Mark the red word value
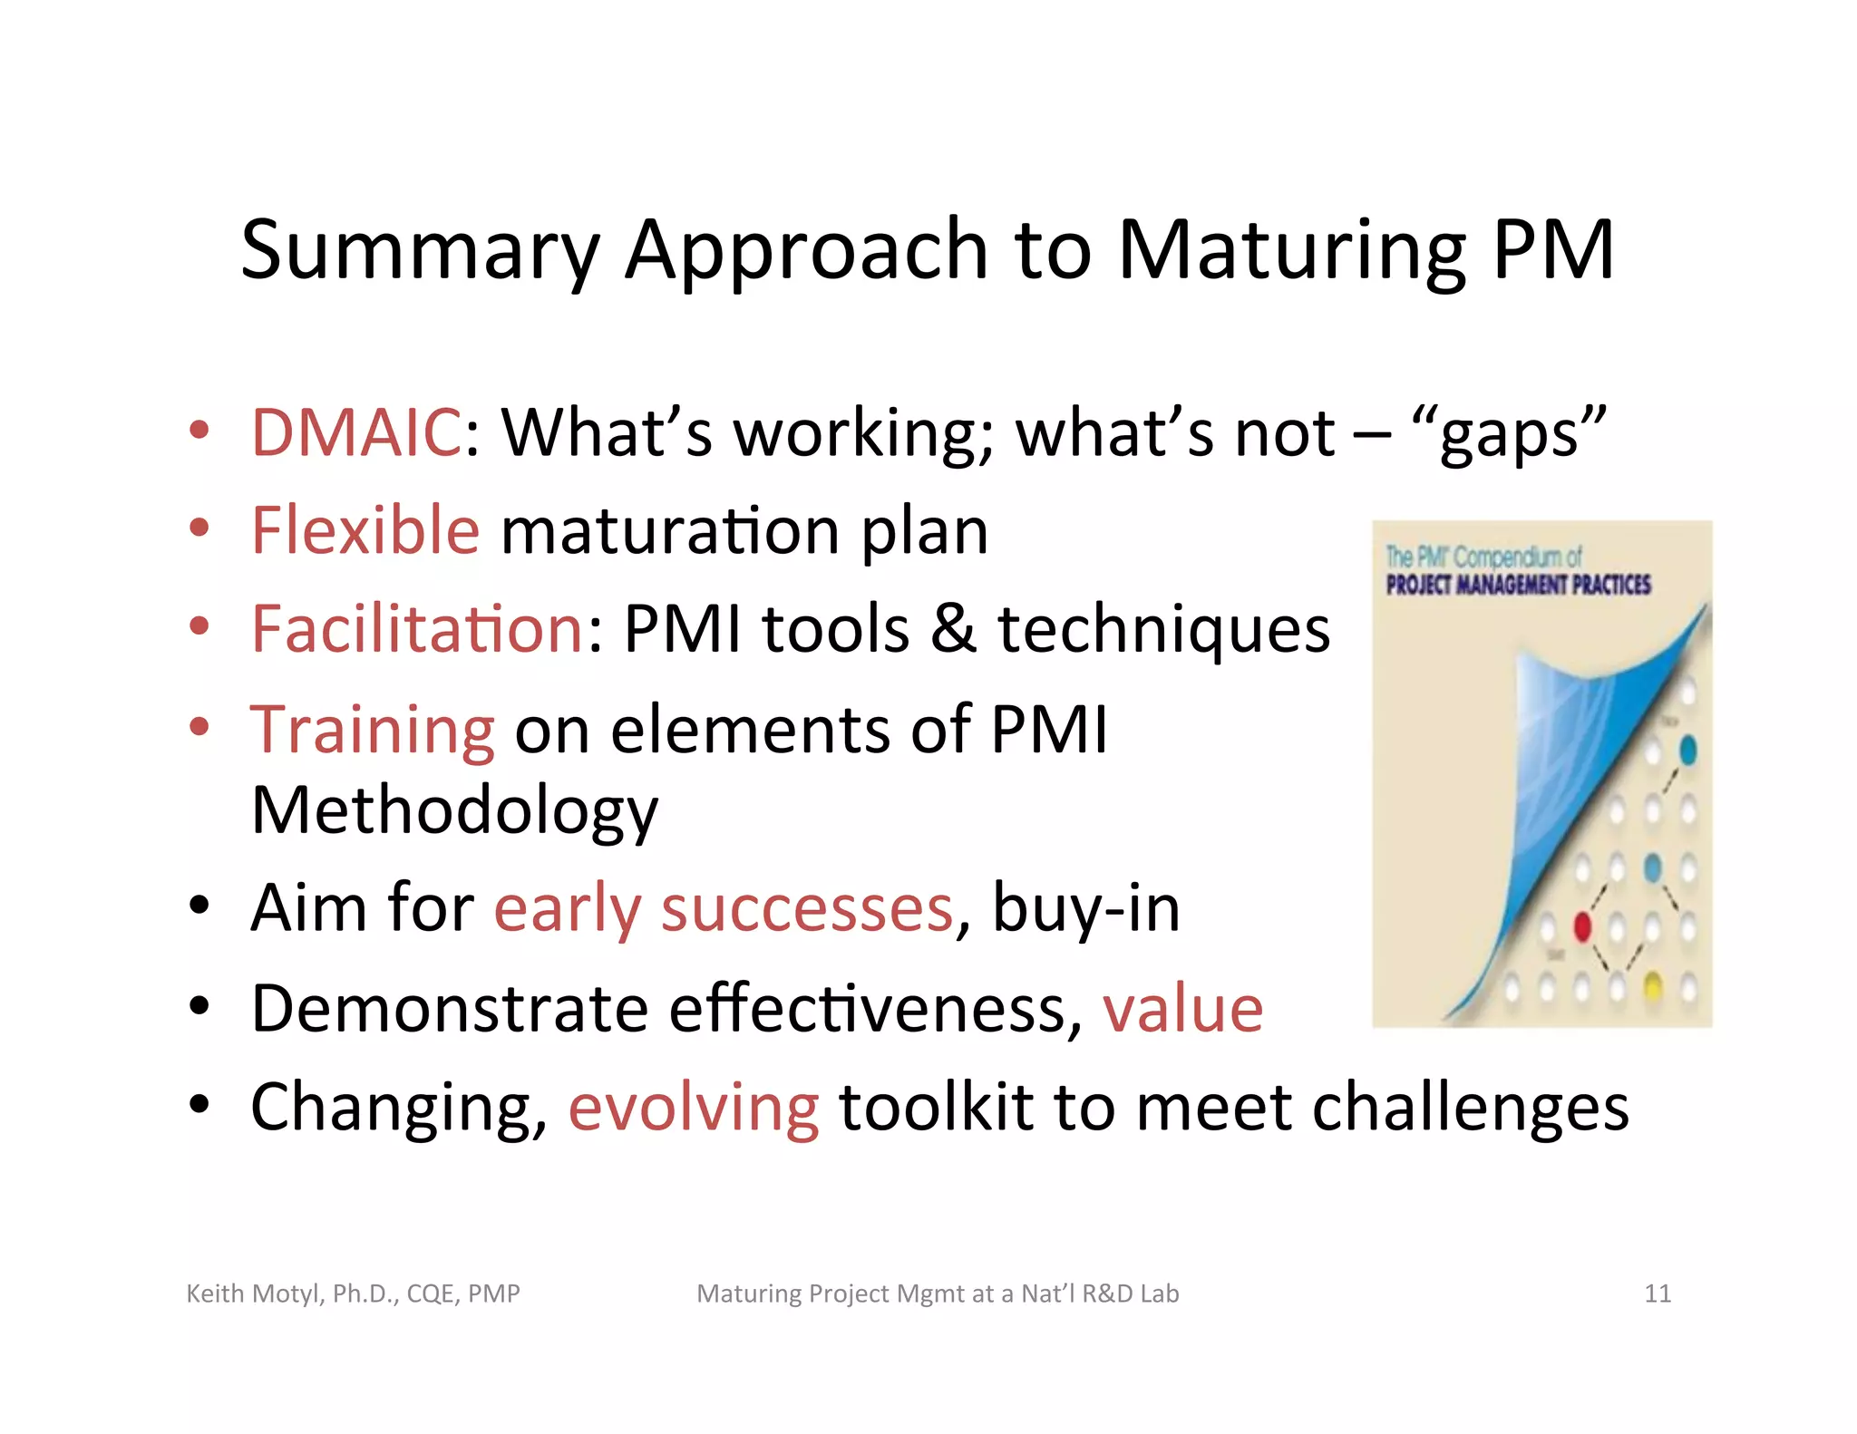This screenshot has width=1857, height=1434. (x=1182, y=1008)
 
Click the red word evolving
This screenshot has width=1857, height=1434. (x=694, y=1107)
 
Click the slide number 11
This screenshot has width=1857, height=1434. (x=1658, y=1294)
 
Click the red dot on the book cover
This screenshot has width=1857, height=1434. (x=1582, y=926)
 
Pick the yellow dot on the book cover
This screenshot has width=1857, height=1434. (x=1652, y=986)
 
